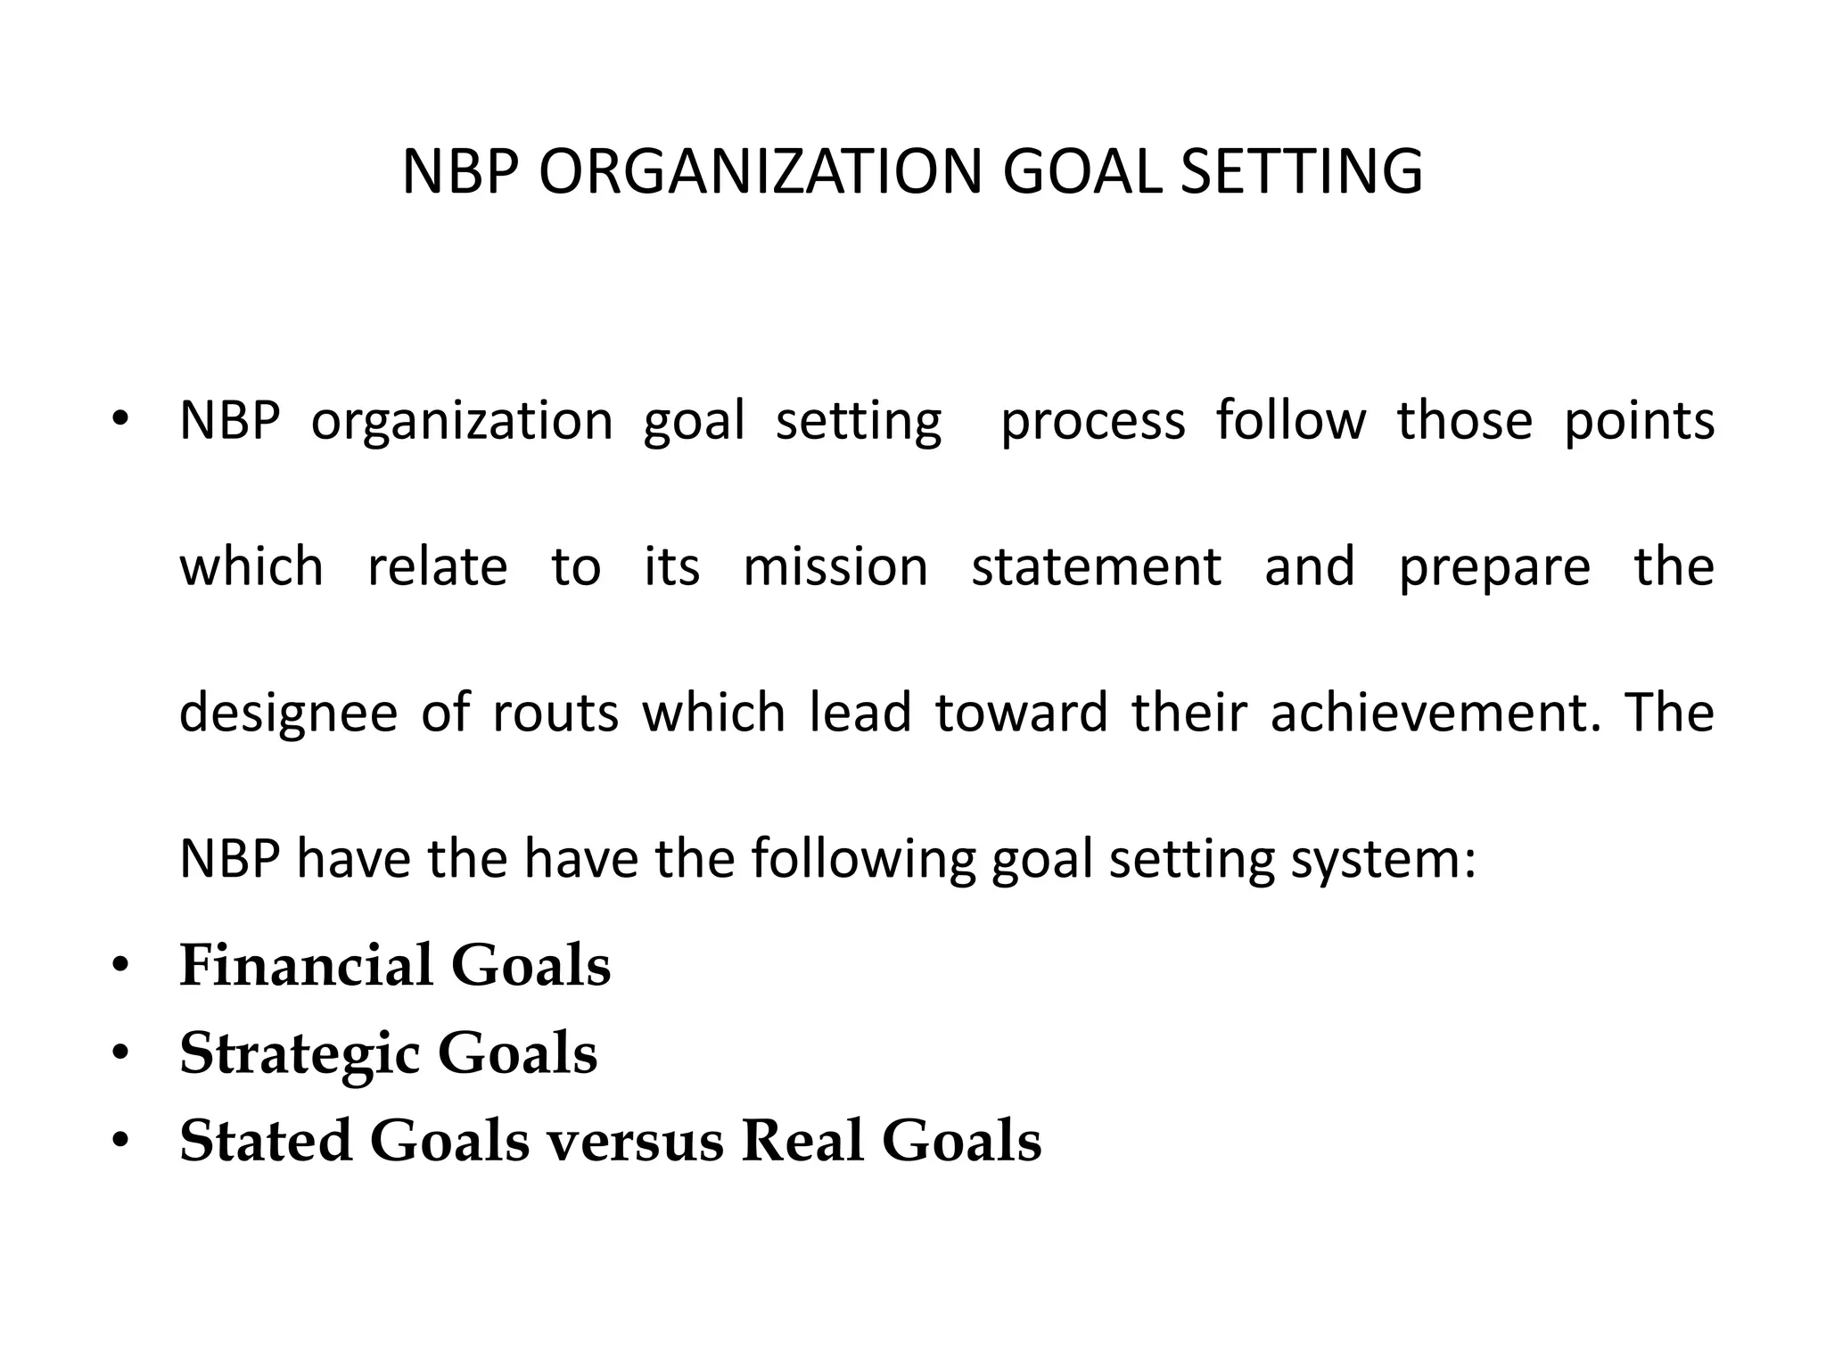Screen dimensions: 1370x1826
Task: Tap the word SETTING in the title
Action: tap(1301, 171)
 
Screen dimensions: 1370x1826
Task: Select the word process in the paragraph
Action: tap(1093, 421)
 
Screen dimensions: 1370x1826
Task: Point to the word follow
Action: tap(1290, 421)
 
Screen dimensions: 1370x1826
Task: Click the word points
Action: tap(1639, 421)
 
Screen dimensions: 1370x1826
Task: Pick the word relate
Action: tap(437, 567)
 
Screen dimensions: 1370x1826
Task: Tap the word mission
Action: tap(835, 567)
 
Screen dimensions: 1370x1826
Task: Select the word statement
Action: tap(1096, 567)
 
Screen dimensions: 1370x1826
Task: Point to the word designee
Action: tap(288, 714)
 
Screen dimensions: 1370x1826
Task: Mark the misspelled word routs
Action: tap(555, 714)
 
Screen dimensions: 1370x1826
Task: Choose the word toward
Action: tap(1021, 713)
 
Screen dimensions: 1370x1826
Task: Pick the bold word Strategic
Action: tap(300, 1054)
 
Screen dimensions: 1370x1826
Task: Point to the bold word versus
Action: tap(635, 1141)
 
